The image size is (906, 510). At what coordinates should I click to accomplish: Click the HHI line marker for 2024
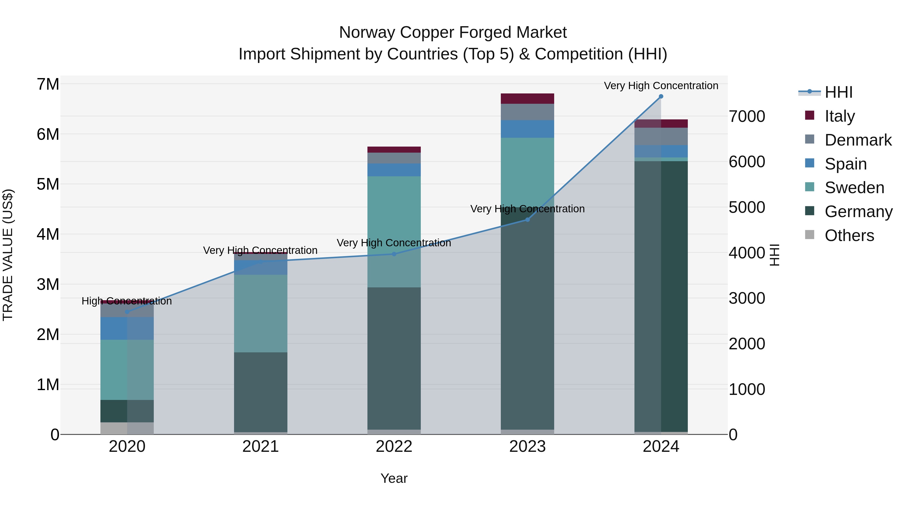[x=661, y=96]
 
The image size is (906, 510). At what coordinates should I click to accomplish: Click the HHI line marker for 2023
[x=527, y=220]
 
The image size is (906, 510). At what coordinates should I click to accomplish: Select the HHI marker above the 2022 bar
[x=394, y=254]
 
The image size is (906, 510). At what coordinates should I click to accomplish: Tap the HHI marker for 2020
[x=127, y=312]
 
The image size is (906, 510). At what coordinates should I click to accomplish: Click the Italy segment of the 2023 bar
[x=527, y=98]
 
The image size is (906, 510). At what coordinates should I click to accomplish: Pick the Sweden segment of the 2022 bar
[x=394, y=232]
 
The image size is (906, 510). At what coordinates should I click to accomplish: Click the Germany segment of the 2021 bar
[x=261, y=392]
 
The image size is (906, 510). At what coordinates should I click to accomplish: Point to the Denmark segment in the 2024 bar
[x=661, y=136]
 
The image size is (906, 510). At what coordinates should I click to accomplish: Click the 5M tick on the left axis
[x=48, y=184]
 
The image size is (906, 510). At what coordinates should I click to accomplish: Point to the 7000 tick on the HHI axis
[x=747, y=117]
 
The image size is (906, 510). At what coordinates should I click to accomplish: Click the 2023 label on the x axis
[x=527, y=447]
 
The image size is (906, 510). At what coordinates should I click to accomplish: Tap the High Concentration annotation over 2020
[x=127, y=301]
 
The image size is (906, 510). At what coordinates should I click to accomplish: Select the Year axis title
[x=394, y=478]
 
